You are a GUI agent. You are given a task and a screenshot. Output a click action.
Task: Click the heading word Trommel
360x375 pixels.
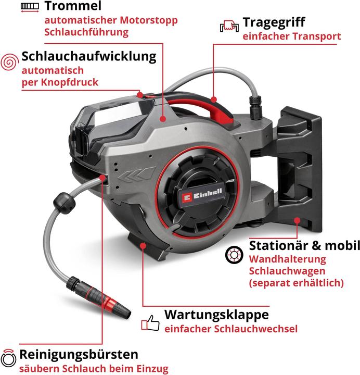click(72, 7)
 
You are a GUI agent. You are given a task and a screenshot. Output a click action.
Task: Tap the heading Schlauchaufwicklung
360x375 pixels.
click(89, 56)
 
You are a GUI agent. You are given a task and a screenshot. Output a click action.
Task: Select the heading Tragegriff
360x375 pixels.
click(274, 23)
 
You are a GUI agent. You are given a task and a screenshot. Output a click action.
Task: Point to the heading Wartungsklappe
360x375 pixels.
click(216, 315)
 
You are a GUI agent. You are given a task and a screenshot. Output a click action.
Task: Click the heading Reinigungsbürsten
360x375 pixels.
click(79, 355)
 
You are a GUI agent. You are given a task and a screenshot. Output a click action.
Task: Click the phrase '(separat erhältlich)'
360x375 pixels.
click(297, 283)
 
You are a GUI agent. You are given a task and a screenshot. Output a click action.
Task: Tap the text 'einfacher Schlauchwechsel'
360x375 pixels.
click(230, 329)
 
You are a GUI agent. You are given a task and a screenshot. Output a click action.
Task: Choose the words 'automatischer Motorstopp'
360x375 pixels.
click(111, 21)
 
